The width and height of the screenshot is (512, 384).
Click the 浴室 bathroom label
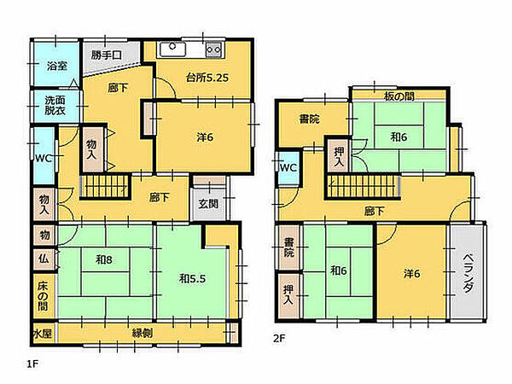pyautogui.click(x=57, y=66)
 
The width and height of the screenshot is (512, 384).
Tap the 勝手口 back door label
pyautogui.click(x=106, y=55)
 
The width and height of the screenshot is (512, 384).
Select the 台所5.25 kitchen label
pyautogui.click(x=207, y=78)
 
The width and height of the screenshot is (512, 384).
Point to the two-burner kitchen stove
pyautogui.click(x=213, y=50)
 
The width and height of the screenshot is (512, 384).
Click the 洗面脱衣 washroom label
pyautogui.click(x=55, y=105)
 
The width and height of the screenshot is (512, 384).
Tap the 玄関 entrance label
pyautogui.click(x=208, y=204)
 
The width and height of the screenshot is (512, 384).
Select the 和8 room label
pyautogui.click(x=104, y=259)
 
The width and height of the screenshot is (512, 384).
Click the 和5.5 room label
pyautogui.click(x=192, y=278)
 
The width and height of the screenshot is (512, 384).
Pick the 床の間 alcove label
pyautogui.click(x=43, y=296)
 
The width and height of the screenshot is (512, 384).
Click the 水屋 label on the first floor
pyautogui.click(x=43, y=334)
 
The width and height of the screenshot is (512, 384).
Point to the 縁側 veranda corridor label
pyautogui.click(x=143, y=334)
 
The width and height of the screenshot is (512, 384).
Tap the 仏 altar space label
pyautogui.click(x=44, y=259)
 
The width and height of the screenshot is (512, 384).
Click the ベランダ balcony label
pyautogui.click(x=468, y=273)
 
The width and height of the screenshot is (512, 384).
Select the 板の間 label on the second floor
pyautogui.click(x=399, y=96)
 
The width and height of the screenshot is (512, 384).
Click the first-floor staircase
pyautogui.click(x=106, y=186)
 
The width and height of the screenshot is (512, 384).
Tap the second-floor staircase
pyautogui.click(x=363, y=186)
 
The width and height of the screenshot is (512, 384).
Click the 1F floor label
pyautogui.click(x=32, y=364)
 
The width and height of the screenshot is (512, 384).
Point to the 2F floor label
pyautogui.click(x=279, y=338)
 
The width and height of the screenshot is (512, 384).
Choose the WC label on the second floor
pyautogui.click(x=288, y=168)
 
